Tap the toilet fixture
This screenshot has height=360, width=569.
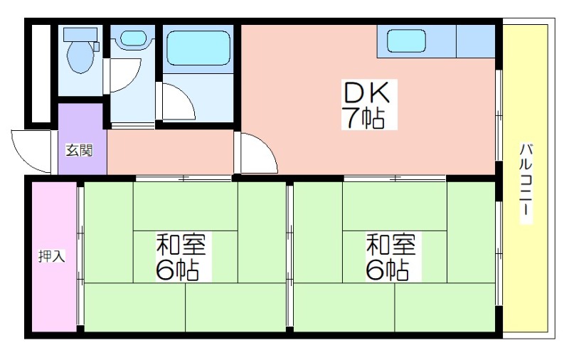[80, 55]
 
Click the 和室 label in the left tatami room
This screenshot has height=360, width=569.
[181, 245]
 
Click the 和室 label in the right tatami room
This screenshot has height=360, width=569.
[390, 245]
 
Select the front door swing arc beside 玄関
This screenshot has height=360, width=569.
[28, 151]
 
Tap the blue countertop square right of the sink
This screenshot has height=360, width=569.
[475, 41]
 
